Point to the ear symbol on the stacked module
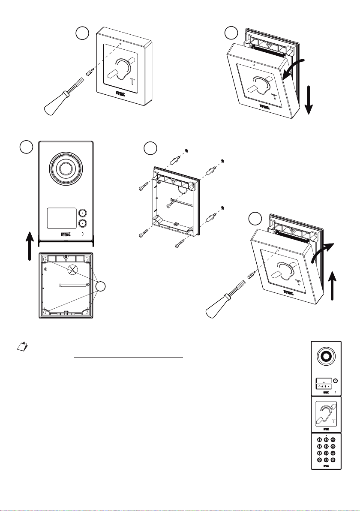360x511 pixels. point(325,412)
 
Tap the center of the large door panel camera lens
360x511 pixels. point(66,168)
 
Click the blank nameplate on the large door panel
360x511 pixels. point(60,218)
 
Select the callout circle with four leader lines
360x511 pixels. point(102,287)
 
